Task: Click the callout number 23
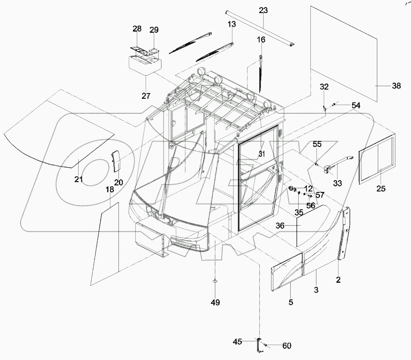tap(264, 9)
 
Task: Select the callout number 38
tap(396, 86)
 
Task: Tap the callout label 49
tap(215, 302)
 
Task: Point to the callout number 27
tap(146, 96)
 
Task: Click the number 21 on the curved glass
tap(78, 179)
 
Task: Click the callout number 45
tap(238, 342)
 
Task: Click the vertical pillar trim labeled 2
tap(345, 233)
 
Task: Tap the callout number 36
tap(279, 225)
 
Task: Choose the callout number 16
tap(261, 40)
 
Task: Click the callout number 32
tap(324, 87)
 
